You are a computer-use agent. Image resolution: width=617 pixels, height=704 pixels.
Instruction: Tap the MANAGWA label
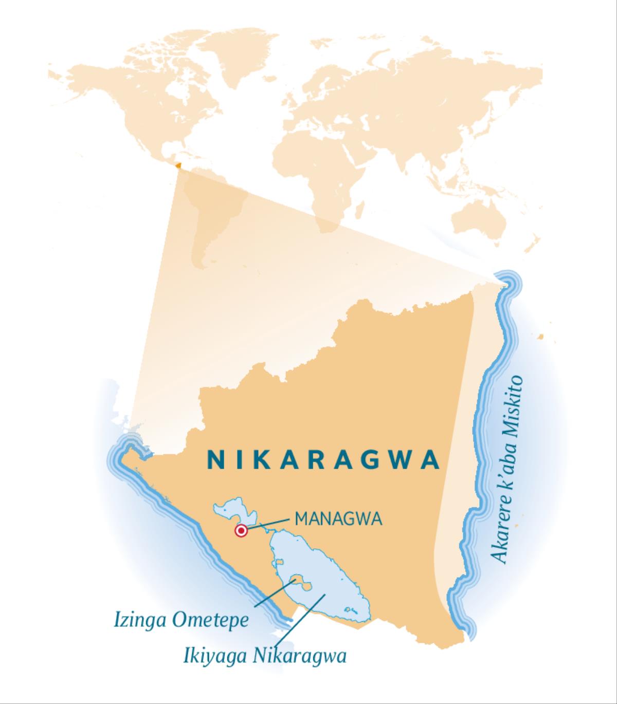(338, 519)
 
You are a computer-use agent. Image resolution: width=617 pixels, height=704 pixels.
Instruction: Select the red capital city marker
(241, 531)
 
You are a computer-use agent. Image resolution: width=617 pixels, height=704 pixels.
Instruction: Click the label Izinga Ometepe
(181, 620)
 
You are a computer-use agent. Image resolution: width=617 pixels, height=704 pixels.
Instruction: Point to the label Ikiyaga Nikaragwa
(264, 656)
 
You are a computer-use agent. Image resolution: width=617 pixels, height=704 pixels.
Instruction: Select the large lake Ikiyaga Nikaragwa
(329, 581)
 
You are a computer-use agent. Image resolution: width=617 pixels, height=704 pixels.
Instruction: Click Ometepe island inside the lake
(301, 583)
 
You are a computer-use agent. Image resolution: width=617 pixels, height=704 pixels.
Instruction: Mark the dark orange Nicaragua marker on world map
(178, 165)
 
